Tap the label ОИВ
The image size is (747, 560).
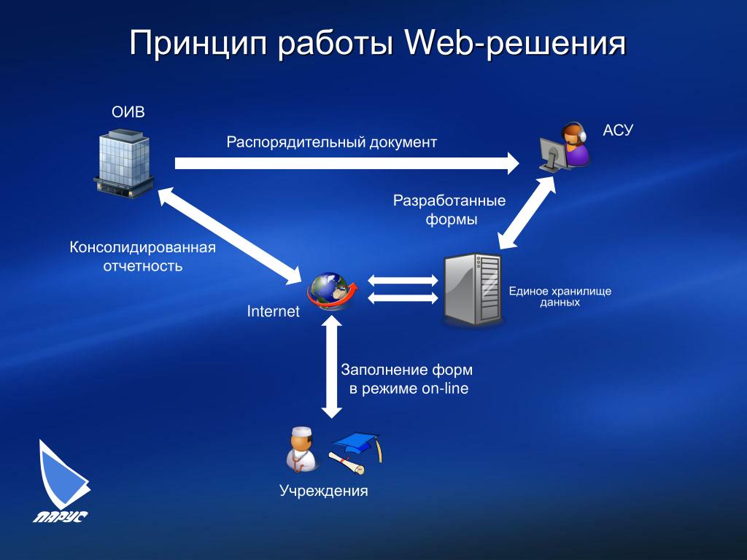coord(128,112)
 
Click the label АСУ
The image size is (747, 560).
coord(618,131)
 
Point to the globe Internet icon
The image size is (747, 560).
coord(332,290)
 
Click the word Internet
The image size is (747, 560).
coord(274,312)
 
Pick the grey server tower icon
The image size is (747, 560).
coord(473,289)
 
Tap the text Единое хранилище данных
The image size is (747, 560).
coord(560,296)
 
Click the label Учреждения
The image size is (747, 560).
coord(324,491)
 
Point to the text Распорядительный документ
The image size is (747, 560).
coord(331,141)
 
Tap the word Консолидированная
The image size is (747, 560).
coord(143,247)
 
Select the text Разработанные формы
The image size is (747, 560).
coord(450,210)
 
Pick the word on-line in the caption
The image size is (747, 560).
coord(445,389)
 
